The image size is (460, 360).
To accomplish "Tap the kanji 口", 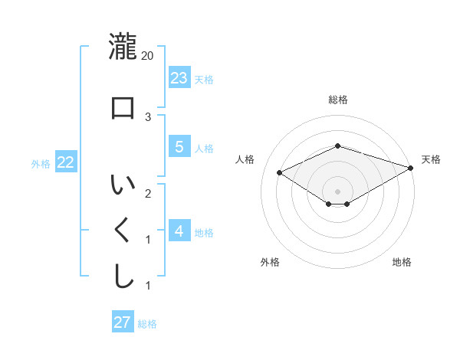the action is pyautogui.click(x=123, y=108).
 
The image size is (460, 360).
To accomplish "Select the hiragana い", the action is pyautogui.click(x=123, y=185).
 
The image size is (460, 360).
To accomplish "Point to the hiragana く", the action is pyautogui.click(x=123, y=231).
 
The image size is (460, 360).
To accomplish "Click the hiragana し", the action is pyautogui.click(x=123, y=277).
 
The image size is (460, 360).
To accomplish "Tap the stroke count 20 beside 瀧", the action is pyautogui.click(x=148, y=56).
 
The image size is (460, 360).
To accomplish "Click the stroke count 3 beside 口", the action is pyautogui.click(x=148, y=117).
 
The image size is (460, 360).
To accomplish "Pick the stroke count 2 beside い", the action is pyautogui.click(x=148, y=193).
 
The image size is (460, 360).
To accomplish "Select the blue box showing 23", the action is pyautogui.click(x=179, y=77).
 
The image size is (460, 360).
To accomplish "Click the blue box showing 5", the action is pyautogui.click(x=179, y=147).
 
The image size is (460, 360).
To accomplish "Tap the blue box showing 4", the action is pyautogui.click(x=179, y=231).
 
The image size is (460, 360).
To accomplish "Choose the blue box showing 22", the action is pyautogui.click(x=65, y=162).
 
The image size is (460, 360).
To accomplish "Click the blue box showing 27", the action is pyautogui.click(x=122, y=322).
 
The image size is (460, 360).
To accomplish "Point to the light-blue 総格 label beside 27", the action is pyautogui.click(x=147, y=324).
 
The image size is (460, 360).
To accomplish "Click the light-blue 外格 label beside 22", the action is pyautogui.click(x=41, y=163).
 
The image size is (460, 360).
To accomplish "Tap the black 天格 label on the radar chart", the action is pyautogui.click(x=431, y=159).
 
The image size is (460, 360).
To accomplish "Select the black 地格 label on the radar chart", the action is pyautogui.click(x=402, y=262).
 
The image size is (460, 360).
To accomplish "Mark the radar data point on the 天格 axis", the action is pyautogui.click(x=411, y=168).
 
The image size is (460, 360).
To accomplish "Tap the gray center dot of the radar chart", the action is pyautogui.click(x=337, y=191).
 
